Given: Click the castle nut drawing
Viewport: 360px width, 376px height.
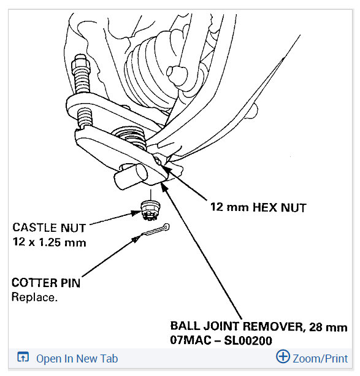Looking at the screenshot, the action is click(x=150, y=210).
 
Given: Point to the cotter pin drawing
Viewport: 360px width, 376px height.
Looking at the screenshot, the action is click(x=155, y=230).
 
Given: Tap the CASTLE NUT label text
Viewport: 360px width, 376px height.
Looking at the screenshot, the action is click(x=49, y=228).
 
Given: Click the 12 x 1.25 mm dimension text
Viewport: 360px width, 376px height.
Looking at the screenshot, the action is click(x=50, y=242).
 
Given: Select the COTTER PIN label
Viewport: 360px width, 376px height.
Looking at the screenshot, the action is click(x=46, y=283).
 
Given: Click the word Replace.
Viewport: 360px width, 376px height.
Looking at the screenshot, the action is click(x=34, y=297).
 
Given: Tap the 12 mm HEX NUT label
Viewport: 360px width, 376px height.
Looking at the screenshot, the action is click(x=258, y=207).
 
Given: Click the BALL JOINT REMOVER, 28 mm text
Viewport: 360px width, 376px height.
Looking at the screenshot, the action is click(x=259, y=326).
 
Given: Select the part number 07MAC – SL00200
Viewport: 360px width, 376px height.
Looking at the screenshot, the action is click(x=221, y=340).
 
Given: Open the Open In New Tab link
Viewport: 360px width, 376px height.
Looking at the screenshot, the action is click(x=77, y=359).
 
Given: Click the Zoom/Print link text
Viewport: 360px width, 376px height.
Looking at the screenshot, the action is click(x=320, y=359).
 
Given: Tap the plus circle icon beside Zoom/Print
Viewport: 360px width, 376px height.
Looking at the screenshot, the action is click(x=283, y=356).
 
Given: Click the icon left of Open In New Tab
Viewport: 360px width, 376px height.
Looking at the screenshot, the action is click(x=23, y=358).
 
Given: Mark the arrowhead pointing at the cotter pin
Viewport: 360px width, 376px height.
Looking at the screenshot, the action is click(x=136, y=239).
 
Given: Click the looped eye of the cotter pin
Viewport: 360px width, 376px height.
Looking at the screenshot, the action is click(x=166, y=226).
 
